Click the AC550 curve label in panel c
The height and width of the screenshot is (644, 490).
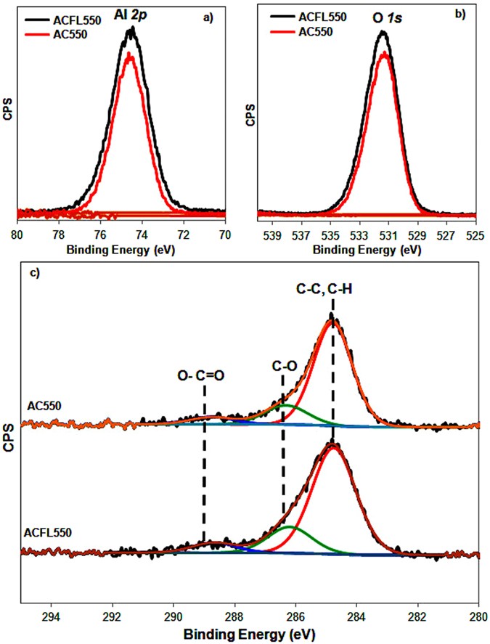pos(41,406)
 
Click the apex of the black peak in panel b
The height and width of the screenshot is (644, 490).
pos(383,32)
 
